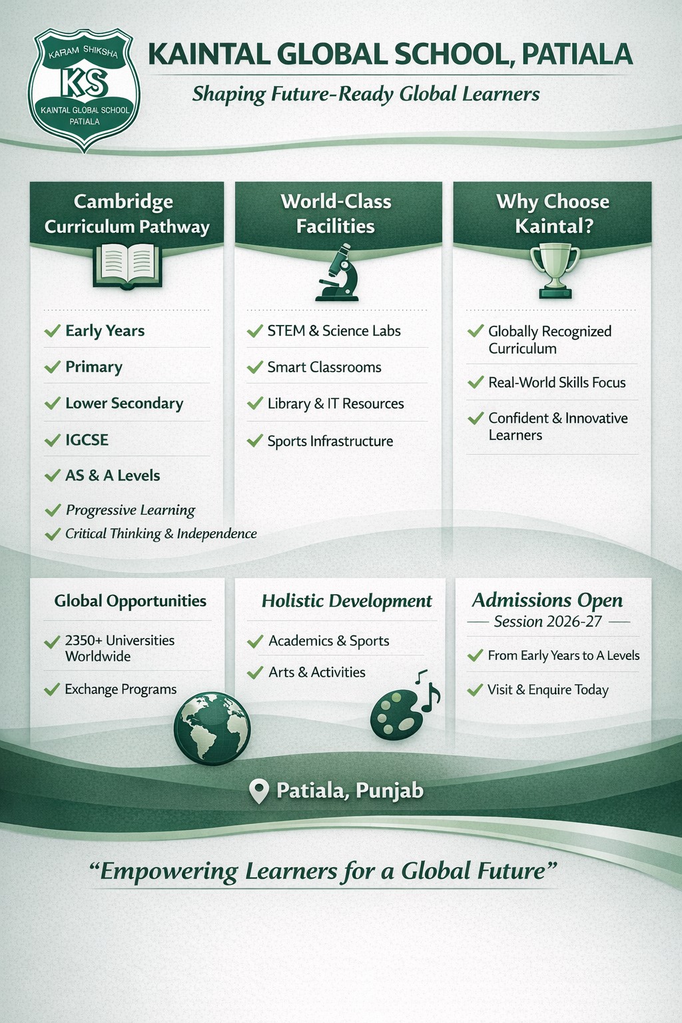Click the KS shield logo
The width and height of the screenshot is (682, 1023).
[85, 89]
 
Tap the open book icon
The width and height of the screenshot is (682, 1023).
[127, 266]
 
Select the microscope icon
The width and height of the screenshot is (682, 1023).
[337, 272]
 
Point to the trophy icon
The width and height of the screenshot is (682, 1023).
[555, 271]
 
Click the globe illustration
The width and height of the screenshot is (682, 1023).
[212, 728]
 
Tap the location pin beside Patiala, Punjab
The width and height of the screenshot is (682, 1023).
[259, 791]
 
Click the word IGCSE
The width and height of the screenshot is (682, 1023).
[87, 440]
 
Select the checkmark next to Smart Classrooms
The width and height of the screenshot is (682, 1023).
[255, 367]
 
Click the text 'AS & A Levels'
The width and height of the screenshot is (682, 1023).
[113, 476]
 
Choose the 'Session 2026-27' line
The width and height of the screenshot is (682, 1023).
[547, 621]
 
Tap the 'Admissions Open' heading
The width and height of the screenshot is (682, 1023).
[547, 601]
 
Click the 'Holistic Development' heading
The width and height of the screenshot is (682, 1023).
[347, 601]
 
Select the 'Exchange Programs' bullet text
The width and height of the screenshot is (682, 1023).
[121, 689]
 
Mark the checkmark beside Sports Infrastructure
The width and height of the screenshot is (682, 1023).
[255, 441]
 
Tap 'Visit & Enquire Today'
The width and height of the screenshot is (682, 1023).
[548, 689]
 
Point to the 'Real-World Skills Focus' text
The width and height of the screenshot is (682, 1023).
[557, 382]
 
